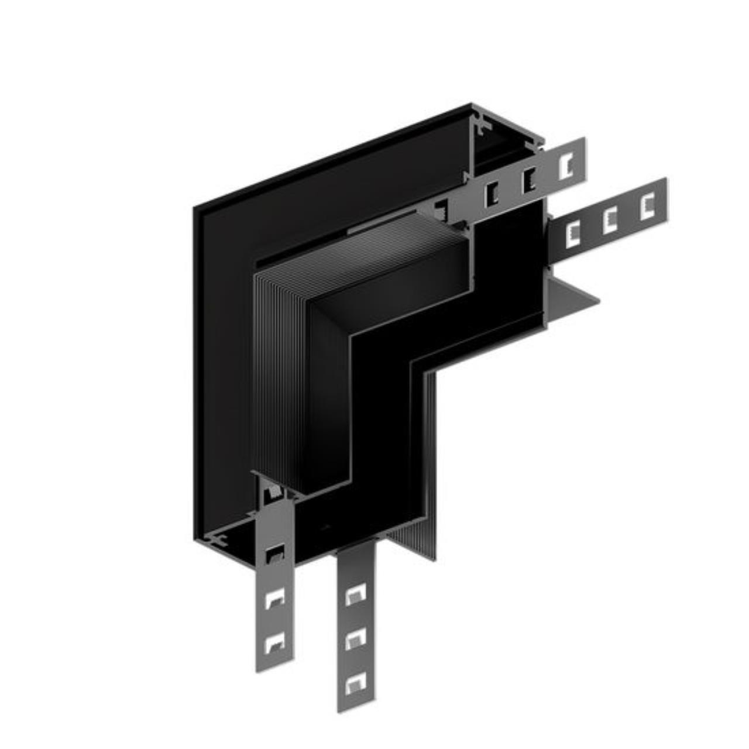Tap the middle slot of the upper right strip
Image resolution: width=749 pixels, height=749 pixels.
coord(529,179)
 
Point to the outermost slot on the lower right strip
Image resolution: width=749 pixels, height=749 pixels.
coord(647,207)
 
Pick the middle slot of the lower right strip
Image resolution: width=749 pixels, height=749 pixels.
coord(610,221)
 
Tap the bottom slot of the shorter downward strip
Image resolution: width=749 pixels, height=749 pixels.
coord(274,643)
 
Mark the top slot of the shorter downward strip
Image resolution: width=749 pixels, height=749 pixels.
coord(274,554)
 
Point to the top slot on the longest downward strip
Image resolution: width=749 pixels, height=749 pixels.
coord(355,595)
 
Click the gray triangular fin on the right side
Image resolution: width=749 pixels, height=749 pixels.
coord(571,298)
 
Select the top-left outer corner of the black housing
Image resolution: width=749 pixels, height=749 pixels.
coord(195,208)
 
